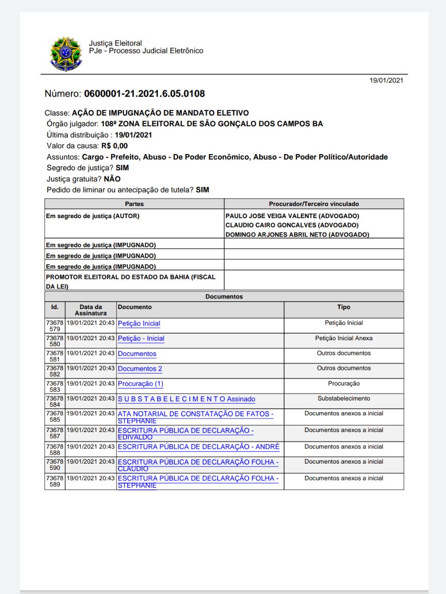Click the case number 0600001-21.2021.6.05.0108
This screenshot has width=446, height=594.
click(x=144, y=94)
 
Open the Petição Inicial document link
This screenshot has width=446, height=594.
click(x=139, y=323)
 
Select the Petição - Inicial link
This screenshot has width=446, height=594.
click(x=141, y=338)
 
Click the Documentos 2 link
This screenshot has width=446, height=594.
click(x=140, y=368)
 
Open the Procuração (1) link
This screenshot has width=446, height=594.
click(x=140, y=384)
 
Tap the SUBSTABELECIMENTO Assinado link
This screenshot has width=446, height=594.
click(x=186, y=399)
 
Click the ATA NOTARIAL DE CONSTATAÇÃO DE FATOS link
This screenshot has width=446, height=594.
click(x=195, y=414)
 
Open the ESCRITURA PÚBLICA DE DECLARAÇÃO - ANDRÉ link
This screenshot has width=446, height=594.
click(x=199, y=447)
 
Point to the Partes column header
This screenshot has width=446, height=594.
click(x=134, y=204)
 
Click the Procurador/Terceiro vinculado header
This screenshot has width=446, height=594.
click(x=314, y=204)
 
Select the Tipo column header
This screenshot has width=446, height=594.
click(x=343, y=307)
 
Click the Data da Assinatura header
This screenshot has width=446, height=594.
click(x=90, y=310)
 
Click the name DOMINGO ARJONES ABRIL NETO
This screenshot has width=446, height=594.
click(x=297, y=234)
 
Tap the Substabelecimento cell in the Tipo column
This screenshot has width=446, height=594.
click(x=343, y=399)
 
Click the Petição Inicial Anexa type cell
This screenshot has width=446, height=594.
click(x=343, y=338)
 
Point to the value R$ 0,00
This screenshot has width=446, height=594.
click(x=114, y=146)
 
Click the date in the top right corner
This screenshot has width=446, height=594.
click(x=386, y=80)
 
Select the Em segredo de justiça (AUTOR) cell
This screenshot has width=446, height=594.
click(x=92, y=216)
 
